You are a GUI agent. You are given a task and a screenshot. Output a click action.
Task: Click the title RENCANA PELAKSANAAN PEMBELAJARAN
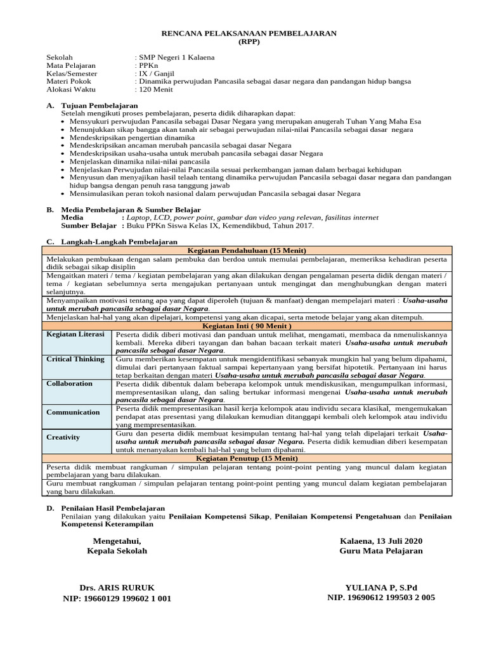point(248,33)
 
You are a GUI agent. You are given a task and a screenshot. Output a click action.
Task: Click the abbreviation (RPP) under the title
point(248,41)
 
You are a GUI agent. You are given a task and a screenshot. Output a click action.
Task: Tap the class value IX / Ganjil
point(156,74)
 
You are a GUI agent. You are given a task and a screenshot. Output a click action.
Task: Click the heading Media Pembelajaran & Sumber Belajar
point(131,210)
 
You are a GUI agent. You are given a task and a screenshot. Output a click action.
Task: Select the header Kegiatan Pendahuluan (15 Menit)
point(248,250)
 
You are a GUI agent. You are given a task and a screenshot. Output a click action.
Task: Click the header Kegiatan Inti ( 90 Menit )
point(248,326)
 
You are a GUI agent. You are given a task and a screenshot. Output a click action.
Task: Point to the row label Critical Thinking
point(75,359)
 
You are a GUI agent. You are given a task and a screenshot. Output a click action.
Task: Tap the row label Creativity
point(63,437)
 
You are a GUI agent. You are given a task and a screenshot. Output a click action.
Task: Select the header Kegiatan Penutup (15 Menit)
point(248,458)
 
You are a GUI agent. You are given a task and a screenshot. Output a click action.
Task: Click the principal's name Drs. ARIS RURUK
point(117,588)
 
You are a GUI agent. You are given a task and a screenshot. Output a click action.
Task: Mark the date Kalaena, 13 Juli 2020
point(380,541)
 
